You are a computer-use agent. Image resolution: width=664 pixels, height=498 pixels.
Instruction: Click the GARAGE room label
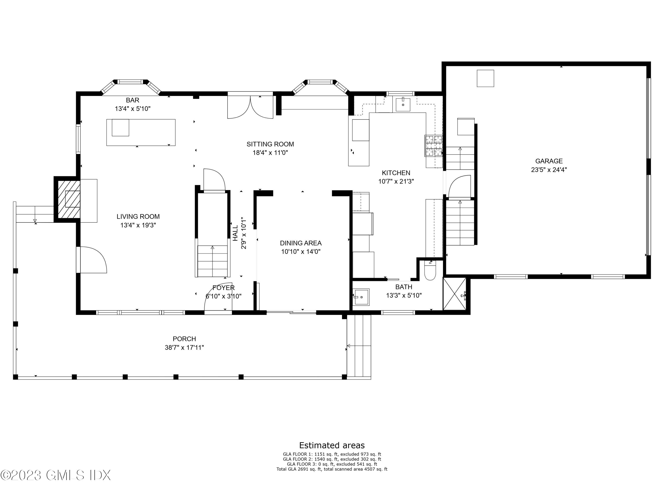tap(549, 161)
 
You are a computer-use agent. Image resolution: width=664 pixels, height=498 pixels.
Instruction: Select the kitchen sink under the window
tap(403, 104)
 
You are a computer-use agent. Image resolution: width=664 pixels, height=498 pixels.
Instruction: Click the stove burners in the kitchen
tap(433, 146)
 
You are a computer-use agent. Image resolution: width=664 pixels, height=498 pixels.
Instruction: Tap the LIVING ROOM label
tap(138, 216)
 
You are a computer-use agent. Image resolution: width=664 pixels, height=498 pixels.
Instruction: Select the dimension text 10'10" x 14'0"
tap(301, 252)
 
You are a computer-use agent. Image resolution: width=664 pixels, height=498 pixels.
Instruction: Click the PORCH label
tap(184, 339)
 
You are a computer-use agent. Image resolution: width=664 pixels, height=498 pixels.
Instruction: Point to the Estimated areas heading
tap(332, 445)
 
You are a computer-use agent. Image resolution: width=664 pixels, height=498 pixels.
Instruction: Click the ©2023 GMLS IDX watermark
tap(56, 475)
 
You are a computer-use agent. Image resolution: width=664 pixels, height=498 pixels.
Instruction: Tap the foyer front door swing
tap(218, 297)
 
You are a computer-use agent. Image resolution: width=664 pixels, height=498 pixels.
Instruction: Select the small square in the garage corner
tap(485, 78)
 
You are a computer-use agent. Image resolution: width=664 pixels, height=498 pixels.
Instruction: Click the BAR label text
tap(132, 100)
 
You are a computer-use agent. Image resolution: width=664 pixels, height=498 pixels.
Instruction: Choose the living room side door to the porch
tap(92, 260)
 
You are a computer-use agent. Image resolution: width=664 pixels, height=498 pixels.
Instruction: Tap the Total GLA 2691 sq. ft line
tap(332, 469)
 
